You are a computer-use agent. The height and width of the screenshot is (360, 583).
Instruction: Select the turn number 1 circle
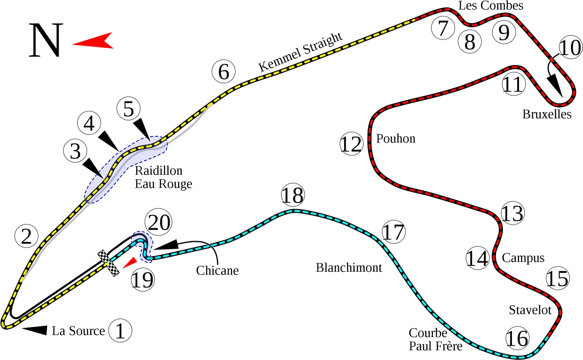click(120, 330)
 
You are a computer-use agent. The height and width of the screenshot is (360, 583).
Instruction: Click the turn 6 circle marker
click(224, 72)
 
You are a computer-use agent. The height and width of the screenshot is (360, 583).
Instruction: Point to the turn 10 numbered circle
click(570, 48)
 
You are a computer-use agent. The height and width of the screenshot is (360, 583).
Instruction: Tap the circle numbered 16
click(518, 339)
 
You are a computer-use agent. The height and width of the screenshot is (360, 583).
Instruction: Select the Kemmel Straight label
click(300, 52)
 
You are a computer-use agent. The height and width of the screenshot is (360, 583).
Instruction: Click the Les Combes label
click(491, 6)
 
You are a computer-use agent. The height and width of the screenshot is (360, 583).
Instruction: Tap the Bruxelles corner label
click(547, 114)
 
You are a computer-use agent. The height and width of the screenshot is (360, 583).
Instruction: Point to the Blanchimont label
click(349, 267)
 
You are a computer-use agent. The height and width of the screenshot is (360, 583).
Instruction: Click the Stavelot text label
click(530, 310)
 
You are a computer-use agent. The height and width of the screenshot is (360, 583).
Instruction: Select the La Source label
click(78, 330)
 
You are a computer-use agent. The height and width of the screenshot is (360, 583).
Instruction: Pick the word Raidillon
click(159, 170)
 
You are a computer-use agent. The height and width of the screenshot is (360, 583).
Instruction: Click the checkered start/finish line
click(109, 263)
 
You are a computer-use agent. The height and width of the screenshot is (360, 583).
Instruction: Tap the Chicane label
click(217, 270)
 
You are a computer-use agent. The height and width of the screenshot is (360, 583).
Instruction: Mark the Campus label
click(523, 258)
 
